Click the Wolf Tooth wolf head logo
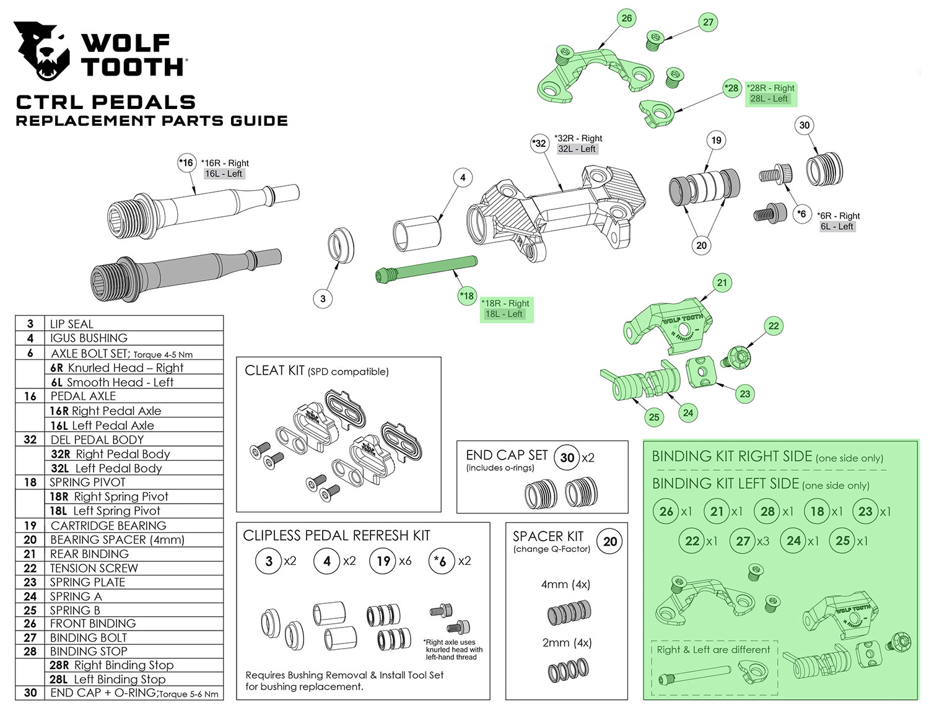click(x=41, y=51)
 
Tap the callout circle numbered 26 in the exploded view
click(x=626, y=18)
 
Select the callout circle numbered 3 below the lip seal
click(x=323, y=299)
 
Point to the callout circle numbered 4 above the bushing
click(x=463, y=177)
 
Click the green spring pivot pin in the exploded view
click(x=426, y=268)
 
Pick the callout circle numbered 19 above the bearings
click(x=716, y=140)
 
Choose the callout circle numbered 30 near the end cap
click(x=804, y=125)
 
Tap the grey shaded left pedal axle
click(x=186, y=275)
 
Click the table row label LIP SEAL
click(x=71, y=323)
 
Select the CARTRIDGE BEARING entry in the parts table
click(x=108, y=525)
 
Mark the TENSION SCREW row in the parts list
click(x=94, y=568)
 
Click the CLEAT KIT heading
click(x=274, y=370)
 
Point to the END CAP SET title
click(x=507, y=455)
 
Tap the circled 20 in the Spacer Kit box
click(x=609, y=541)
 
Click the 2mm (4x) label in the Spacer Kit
click(x=567, y=642)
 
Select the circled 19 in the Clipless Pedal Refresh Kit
click(x=383, y=561)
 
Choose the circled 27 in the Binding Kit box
click(x=743, y=541)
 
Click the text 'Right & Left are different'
click(x=713, y=650)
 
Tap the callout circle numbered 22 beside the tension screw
click(x=774, y=326)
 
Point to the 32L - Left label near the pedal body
click(x=577, y=149)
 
